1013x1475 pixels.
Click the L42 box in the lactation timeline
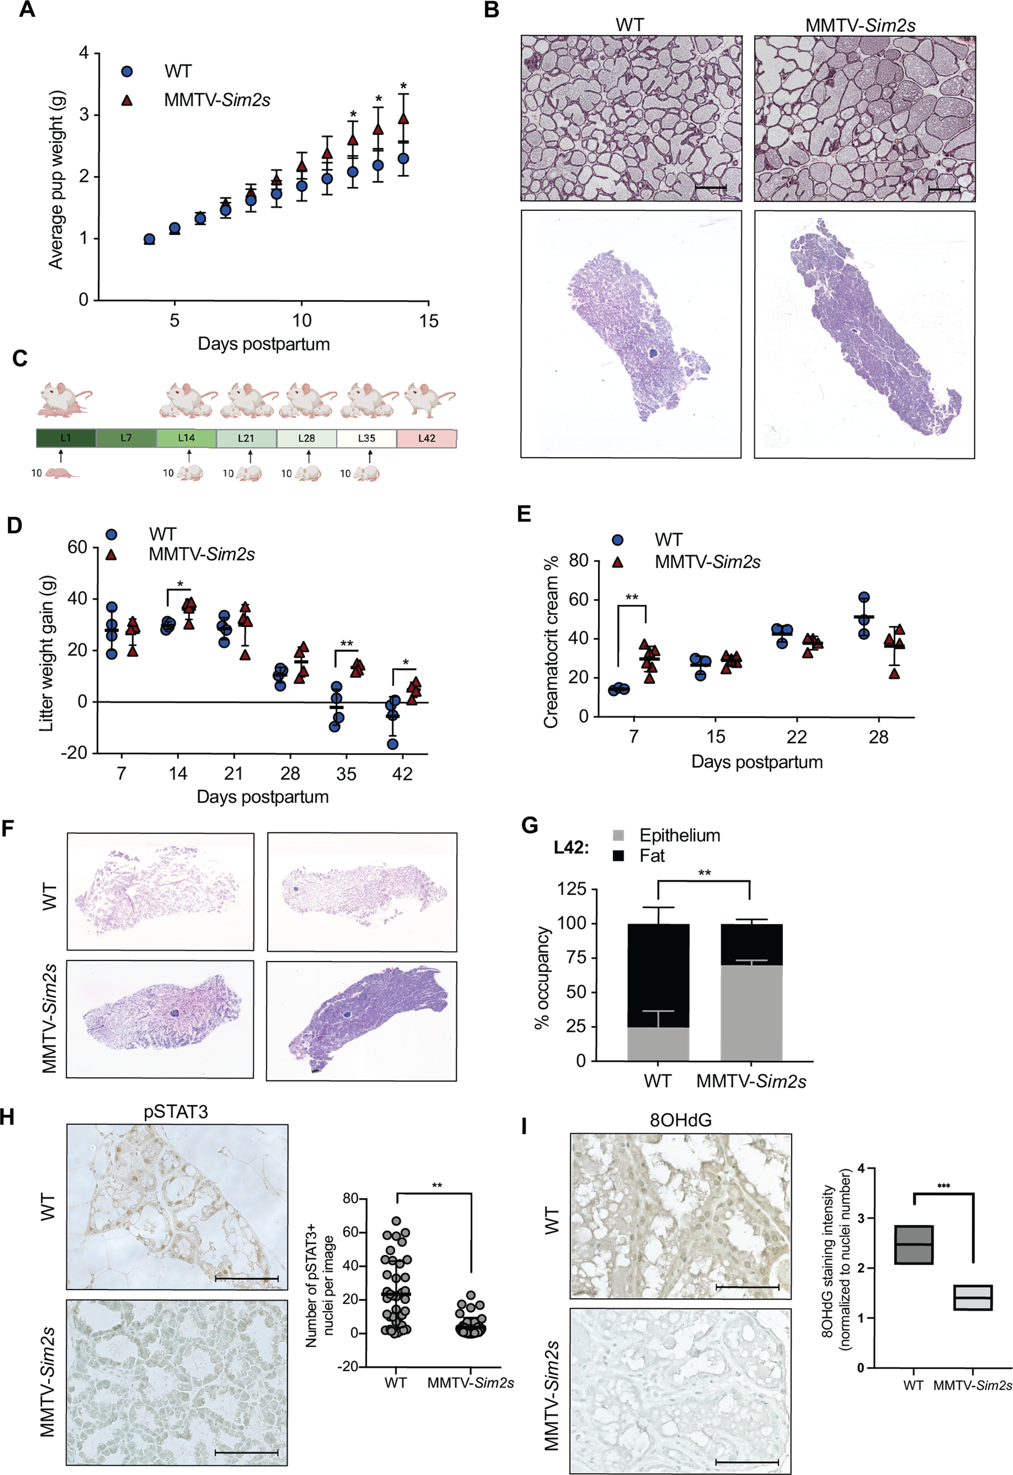[x=427, y=439]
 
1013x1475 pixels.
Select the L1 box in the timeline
[x=66, y=439]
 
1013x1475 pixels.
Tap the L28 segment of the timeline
[x=307, y=439]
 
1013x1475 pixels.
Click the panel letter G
[x=529, y=826]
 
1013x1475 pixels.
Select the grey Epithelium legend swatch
[x=619, y=835]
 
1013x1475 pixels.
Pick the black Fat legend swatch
[x=619, y=856]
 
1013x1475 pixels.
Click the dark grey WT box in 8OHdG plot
[x=913, y=1244]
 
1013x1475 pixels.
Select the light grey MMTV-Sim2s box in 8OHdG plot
[x=973, y=1297]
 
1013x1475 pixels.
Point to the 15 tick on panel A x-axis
[x=428, y=321]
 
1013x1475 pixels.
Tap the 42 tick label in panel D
[x=402, y=773]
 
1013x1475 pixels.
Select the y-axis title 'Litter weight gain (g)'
[x=47, y=653]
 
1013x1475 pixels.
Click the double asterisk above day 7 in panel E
[x=632, y=597]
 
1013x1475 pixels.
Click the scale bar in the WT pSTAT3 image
[x=246, y=1278]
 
